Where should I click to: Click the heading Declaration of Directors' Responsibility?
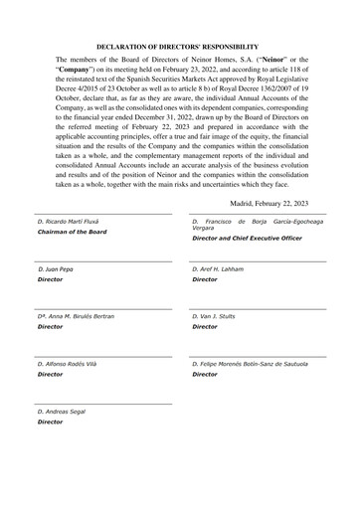[x=180, y=47]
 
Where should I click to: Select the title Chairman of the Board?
[x=71, y=232]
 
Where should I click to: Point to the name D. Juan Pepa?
[x=55, y=269]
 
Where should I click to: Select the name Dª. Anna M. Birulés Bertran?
[x=76, y=316]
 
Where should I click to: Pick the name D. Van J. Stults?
[x=219, y=316]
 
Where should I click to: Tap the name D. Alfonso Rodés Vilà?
[x=69, y=364]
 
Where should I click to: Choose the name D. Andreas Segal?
[x=61, y=411]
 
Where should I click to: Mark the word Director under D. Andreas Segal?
[x=50, y=422]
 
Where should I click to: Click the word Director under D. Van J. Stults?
[x=204, y=326]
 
